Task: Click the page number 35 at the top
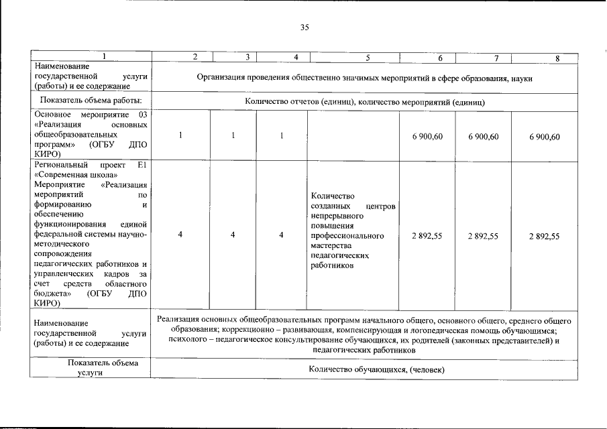point(305,27)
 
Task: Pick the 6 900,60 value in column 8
point(544,137)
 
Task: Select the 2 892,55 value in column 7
point(483,236)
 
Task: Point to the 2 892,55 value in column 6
point(427,236)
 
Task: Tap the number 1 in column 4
point(282,137)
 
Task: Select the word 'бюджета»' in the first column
point(52,293)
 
